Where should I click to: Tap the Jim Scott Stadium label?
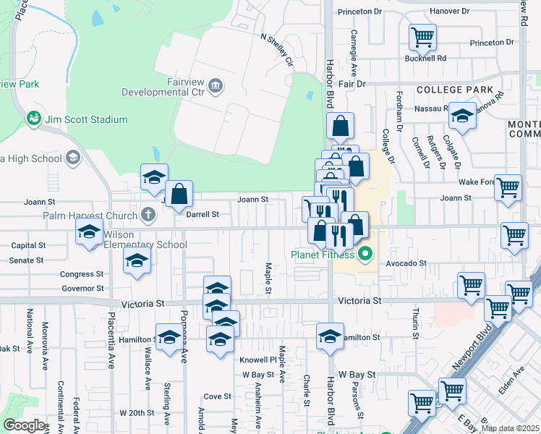click(85, 119)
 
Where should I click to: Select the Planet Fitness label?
click(323, 254)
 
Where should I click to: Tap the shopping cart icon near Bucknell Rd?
click(422, 36)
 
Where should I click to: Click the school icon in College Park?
click(462, 116)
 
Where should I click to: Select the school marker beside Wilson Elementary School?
click(89, 232)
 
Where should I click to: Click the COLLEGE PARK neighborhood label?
click(455, 90)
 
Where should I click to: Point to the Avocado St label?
click(405, 264)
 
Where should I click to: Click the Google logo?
click(25, 425)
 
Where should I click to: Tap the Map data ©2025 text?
click(509, 428)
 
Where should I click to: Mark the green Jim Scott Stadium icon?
click(33, 118)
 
